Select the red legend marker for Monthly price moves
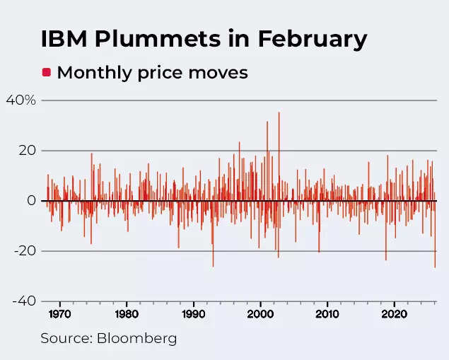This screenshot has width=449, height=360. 47,72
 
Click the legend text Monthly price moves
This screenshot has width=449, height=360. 152,72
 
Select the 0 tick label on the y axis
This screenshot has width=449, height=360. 31,201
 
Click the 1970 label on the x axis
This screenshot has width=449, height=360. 59,314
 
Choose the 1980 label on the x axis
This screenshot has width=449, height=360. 127,314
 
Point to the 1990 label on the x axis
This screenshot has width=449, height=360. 194,314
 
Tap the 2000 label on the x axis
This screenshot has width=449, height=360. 261,314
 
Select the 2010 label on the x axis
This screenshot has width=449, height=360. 328,314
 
